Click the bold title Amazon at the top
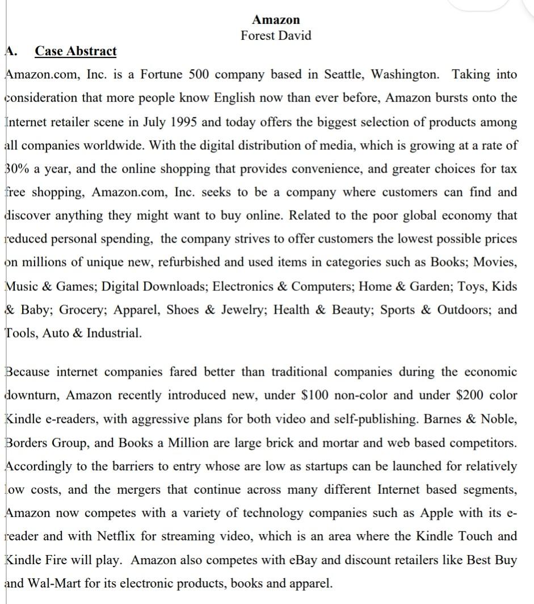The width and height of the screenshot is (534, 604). click(x=276, y=20)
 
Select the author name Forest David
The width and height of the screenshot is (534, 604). click(x=276, y=35)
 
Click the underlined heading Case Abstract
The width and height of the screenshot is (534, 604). click(x=75, y=51)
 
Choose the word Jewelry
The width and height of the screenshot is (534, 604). click(x=242, y=310)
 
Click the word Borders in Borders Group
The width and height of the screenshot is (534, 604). click(x=26, y=442)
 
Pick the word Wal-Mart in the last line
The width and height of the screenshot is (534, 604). click(x=49, y=583)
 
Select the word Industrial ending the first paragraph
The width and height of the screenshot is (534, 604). click(x=113, y=334)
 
